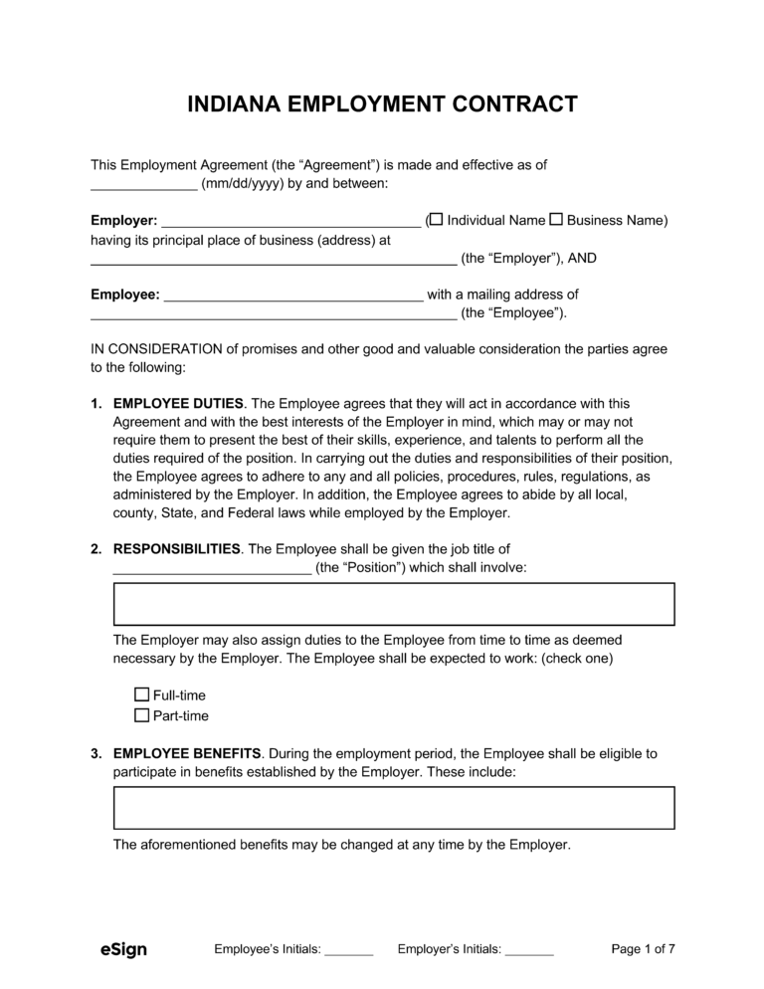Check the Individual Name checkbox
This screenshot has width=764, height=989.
pos(436,219)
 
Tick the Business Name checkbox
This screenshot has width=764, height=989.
pos(556,219)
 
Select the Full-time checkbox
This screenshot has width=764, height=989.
pos(141,695)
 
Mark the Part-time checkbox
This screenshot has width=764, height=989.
pos(141,715)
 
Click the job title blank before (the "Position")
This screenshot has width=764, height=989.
pos(212,569)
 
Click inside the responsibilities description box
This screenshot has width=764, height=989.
pos(394,604)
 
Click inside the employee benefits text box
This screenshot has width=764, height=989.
pos(394,807)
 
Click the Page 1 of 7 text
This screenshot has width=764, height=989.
pos(643,949)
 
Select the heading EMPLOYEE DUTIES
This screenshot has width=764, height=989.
pos(179,404)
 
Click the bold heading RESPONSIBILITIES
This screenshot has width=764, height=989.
pos(177,549)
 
